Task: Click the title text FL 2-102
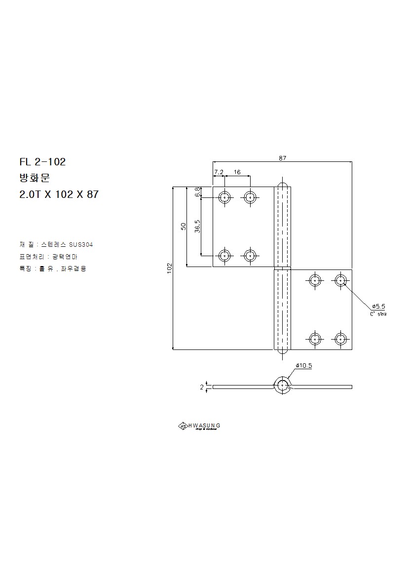pos(42,161)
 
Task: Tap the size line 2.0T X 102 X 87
pos(59,194)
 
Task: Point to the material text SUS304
pos(81,244)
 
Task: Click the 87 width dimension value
pos(282,158)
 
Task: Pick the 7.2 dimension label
pos(219,172)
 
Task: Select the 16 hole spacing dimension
pos(237,172)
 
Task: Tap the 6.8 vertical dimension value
pos(197,192)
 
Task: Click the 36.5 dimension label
pos(197,227)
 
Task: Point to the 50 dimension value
pos(183,227)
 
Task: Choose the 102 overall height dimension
pos(169,268)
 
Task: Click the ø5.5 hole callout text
pos(378,306)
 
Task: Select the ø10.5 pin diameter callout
pos(304,366)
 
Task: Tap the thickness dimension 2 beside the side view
pos(202,387)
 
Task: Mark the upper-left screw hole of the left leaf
pos(225,197)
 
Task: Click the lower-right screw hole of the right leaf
pos(340,339)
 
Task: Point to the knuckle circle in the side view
pos(282,386)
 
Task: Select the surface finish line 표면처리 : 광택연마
pos(48,257)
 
